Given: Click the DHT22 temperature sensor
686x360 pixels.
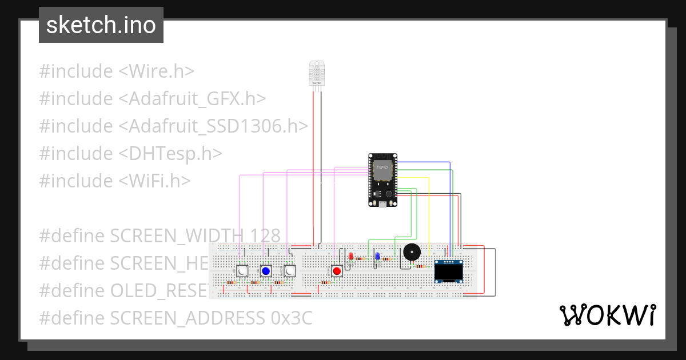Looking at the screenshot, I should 316,74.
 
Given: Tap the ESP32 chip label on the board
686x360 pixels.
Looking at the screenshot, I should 382,168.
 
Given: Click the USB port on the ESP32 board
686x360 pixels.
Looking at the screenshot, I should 382,203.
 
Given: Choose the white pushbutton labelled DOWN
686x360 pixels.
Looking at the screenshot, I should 289,271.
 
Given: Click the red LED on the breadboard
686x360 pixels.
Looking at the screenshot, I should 350,257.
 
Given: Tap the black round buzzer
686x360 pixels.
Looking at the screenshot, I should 410,252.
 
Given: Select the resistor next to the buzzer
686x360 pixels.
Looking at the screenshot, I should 421,266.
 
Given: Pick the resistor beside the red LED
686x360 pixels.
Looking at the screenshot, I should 360,258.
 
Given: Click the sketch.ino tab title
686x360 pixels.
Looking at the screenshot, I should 101,25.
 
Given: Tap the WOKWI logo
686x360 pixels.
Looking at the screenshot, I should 607,315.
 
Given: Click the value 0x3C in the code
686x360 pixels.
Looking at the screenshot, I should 292,318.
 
